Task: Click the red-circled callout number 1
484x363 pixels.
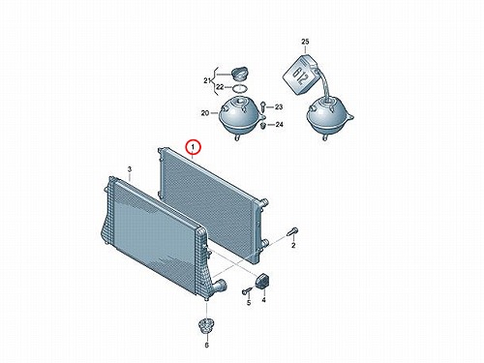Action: pos(193,147)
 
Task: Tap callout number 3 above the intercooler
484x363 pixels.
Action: pos(130,169)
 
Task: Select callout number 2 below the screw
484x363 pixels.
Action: pos(293,246)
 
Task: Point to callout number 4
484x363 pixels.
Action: pos(263,300)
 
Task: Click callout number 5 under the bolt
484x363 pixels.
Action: pos(249,303)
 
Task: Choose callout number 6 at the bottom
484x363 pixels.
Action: pos(207,346)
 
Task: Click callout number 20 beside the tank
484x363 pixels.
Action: pos(205,113)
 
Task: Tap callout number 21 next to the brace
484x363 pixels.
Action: pos(207,80)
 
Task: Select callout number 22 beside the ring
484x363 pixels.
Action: pos(220,87)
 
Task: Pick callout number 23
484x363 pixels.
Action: pos(279,106)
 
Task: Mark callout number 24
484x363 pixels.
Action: pos(280,124)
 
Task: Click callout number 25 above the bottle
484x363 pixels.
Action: pos(305,42)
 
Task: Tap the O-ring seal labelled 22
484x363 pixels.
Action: pos(239,88)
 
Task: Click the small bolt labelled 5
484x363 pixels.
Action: pos(246,291)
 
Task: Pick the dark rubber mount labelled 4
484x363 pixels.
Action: pos(262,280)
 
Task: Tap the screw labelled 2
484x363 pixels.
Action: pos(292,232)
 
